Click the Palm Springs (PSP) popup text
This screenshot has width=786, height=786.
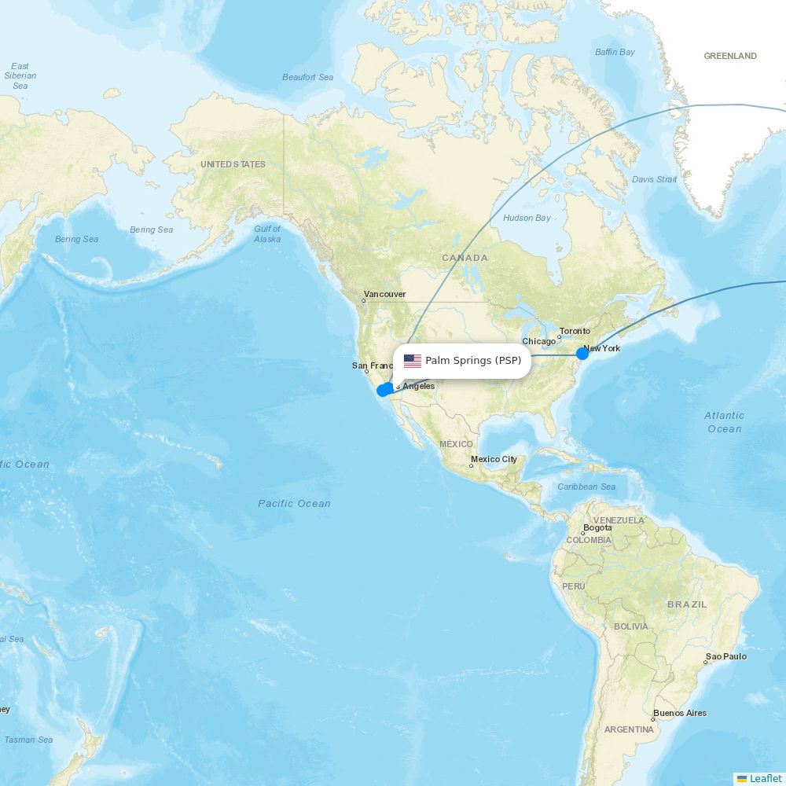click(x=473, y=361)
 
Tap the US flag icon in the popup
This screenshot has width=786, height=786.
click(x=413, y=361)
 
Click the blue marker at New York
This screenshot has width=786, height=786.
click(x=582, y=354)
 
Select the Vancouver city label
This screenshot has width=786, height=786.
click(x=384, y=294)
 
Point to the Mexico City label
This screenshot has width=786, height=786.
click(x=494, y=459)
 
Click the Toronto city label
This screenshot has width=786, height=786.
click(x=575, y=331)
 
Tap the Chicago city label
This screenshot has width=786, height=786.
click(x=538, y=342)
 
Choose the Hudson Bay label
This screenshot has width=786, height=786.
click(x=527, y=218)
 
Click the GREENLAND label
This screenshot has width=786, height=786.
click(x=730, y=56)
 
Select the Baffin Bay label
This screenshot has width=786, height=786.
click(x=615, y=52)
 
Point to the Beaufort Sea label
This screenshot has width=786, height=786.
click(x=307, y=77)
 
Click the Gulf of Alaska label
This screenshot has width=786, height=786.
click(x=267, y=233)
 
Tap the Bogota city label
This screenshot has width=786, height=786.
click(x=597, y=528)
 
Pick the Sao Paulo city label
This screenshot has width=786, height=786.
click(x=726, y=656)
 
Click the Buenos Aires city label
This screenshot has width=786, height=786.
click(x=679, y=714)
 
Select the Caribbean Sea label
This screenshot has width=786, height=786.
click(x=586, y=487)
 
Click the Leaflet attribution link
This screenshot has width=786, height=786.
click(x=765, y=778)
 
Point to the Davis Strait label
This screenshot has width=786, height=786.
click(x=654, y=179)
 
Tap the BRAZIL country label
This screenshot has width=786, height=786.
click(x=687, y=604)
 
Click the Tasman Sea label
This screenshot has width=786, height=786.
click(x=28, y=740)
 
